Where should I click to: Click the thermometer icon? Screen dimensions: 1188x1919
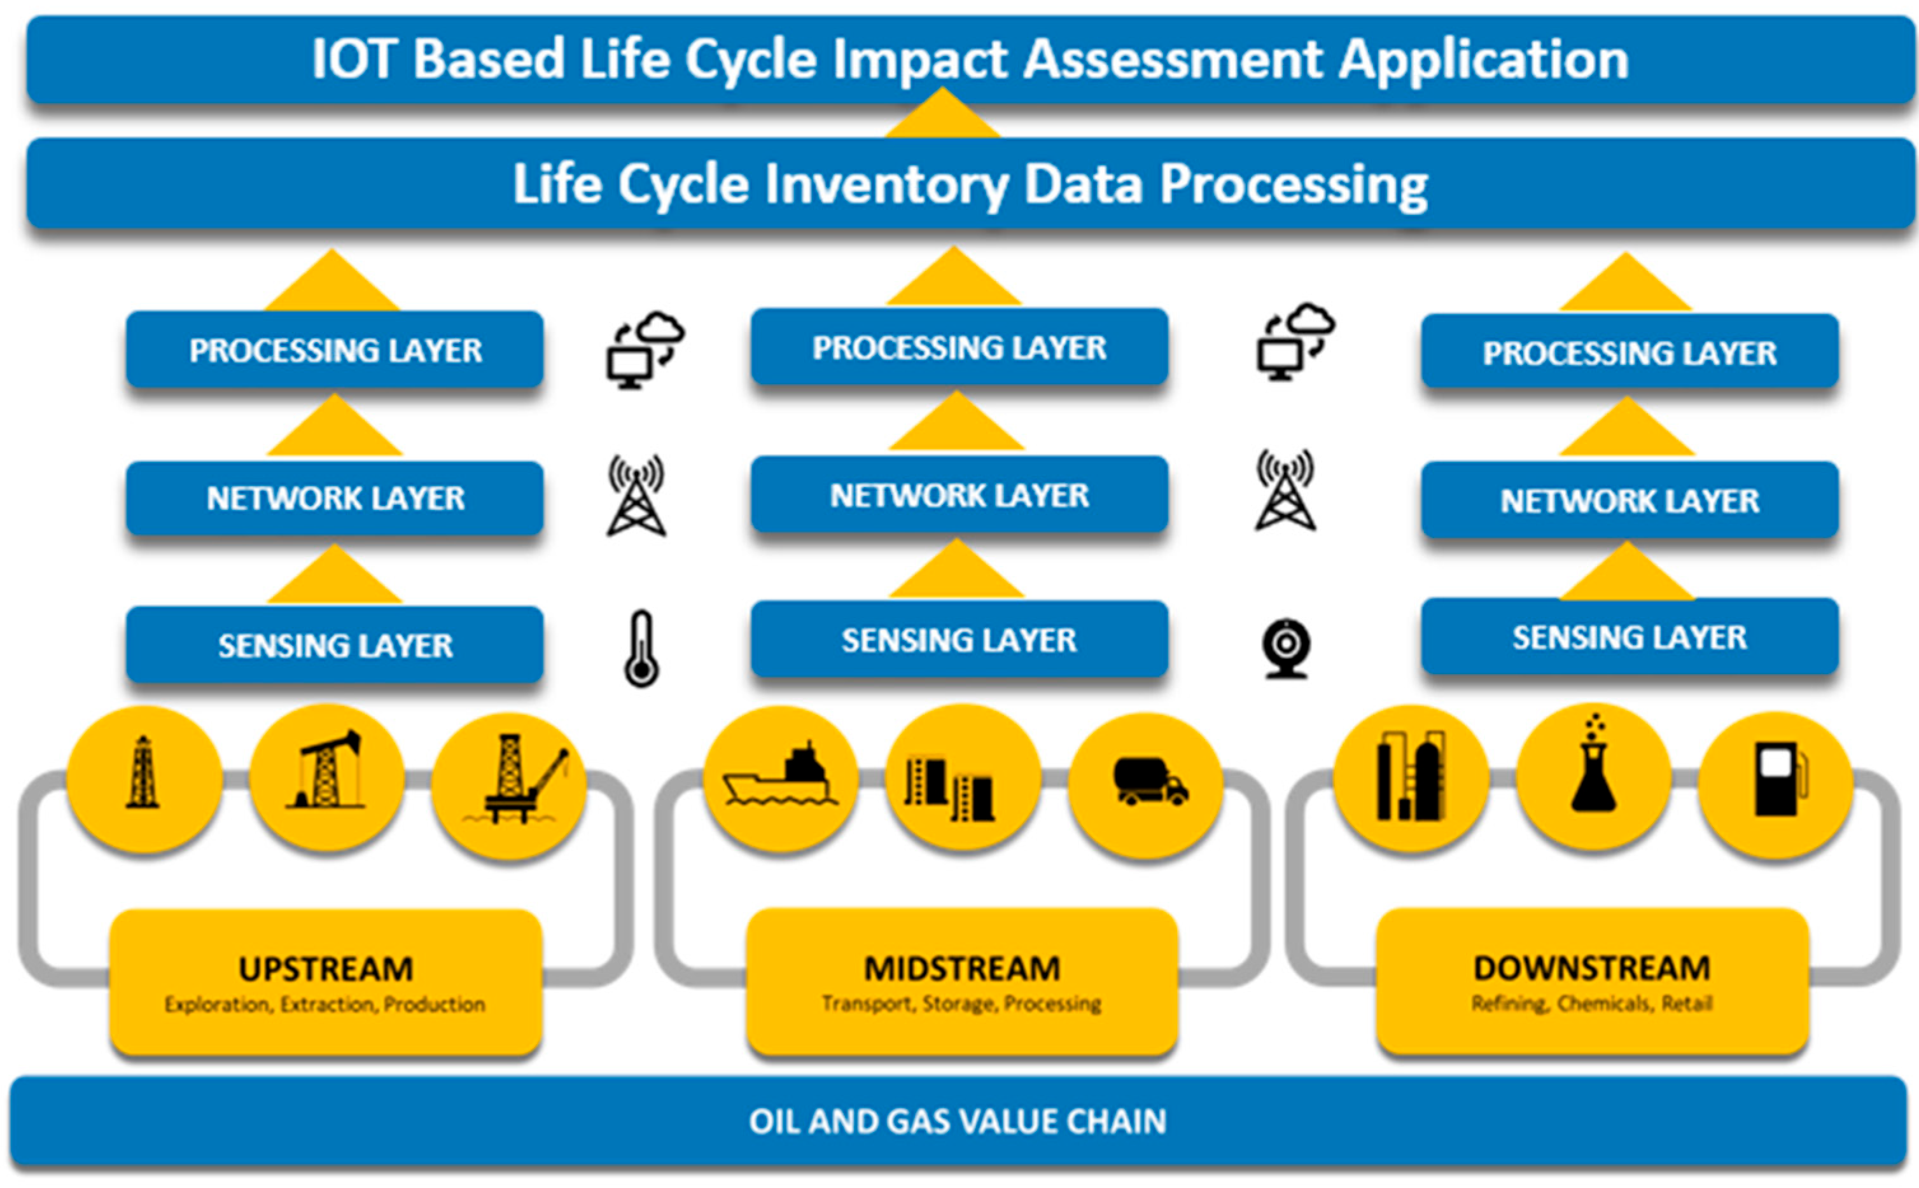(x=641, y=648)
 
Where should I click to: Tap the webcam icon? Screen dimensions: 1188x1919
(x=1286, y=648)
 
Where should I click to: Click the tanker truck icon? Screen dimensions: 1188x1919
(x=1150, y=781)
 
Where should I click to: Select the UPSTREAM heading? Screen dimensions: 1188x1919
(x=325, y=969)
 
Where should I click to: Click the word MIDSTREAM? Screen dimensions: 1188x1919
(x=962, y=968)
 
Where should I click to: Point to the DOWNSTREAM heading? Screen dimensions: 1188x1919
(x=1592, y=968)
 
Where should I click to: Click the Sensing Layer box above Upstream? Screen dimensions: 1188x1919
(x=335, y=645)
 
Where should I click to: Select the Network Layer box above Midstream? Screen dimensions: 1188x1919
(x=959, y=495)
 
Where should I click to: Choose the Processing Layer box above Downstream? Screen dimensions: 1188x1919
(x=1629, y=352)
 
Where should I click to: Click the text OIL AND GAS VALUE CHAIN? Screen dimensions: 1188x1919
(x=957, y=1121)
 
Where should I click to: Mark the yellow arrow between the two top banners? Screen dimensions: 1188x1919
(x=942, y=116)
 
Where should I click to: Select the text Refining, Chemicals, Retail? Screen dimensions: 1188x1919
(x=1591, y=1004)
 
